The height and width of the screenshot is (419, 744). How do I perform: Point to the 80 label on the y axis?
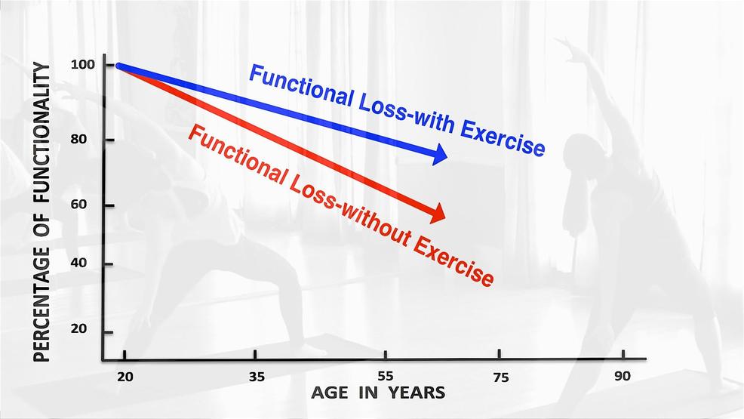[78, 140]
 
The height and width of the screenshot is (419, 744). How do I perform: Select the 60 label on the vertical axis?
[78, 205]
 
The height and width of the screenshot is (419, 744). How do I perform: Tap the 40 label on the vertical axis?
[78, 263]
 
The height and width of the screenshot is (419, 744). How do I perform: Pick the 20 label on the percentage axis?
[78, 328]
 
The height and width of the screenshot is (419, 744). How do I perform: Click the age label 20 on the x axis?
[125, 377]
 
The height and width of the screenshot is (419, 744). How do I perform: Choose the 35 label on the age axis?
[257, 377]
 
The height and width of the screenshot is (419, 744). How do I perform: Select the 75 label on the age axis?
[501, 377]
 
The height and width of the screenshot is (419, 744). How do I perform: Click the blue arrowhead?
[440, 154]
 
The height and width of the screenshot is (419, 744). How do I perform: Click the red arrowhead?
[438, 213]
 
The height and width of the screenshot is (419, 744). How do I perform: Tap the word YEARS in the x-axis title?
[417, 393]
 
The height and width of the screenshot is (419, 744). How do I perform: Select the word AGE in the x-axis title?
[330, 393]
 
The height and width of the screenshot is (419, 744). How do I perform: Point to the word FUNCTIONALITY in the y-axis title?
[42, 134]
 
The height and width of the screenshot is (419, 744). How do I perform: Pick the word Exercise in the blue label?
[503, 137]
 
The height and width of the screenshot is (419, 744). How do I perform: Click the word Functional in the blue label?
[301, 86]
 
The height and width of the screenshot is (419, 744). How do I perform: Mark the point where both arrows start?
[118, 66]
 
